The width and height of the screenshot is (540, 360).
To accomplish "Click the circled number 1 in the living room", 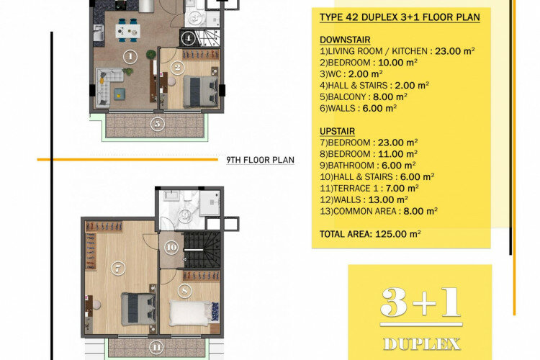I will click(x=130, y=55).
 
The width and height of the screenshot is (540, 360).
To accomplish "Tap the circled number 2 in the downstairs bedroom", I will click(x=178, y=68).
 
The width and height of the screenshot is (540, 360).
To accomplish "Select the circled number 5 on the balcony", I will click(x=157, y=122).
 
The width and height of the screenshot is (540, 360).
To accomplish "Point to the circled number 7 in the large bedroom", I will click(x=119, y=267).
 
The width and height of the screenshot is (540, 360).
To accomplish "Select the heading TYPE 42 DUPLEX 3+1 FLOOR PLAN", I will click(x=395, y=17).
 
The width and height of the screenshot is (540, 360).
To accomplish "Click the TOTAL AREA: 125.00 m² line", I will click(x=369, y=234).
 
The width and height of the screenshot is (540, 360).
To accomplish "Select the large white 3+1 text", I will click(x=420, y=304).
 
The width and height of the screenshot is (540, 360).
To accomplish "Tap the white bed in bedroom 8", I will click(x=192, y=312).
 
